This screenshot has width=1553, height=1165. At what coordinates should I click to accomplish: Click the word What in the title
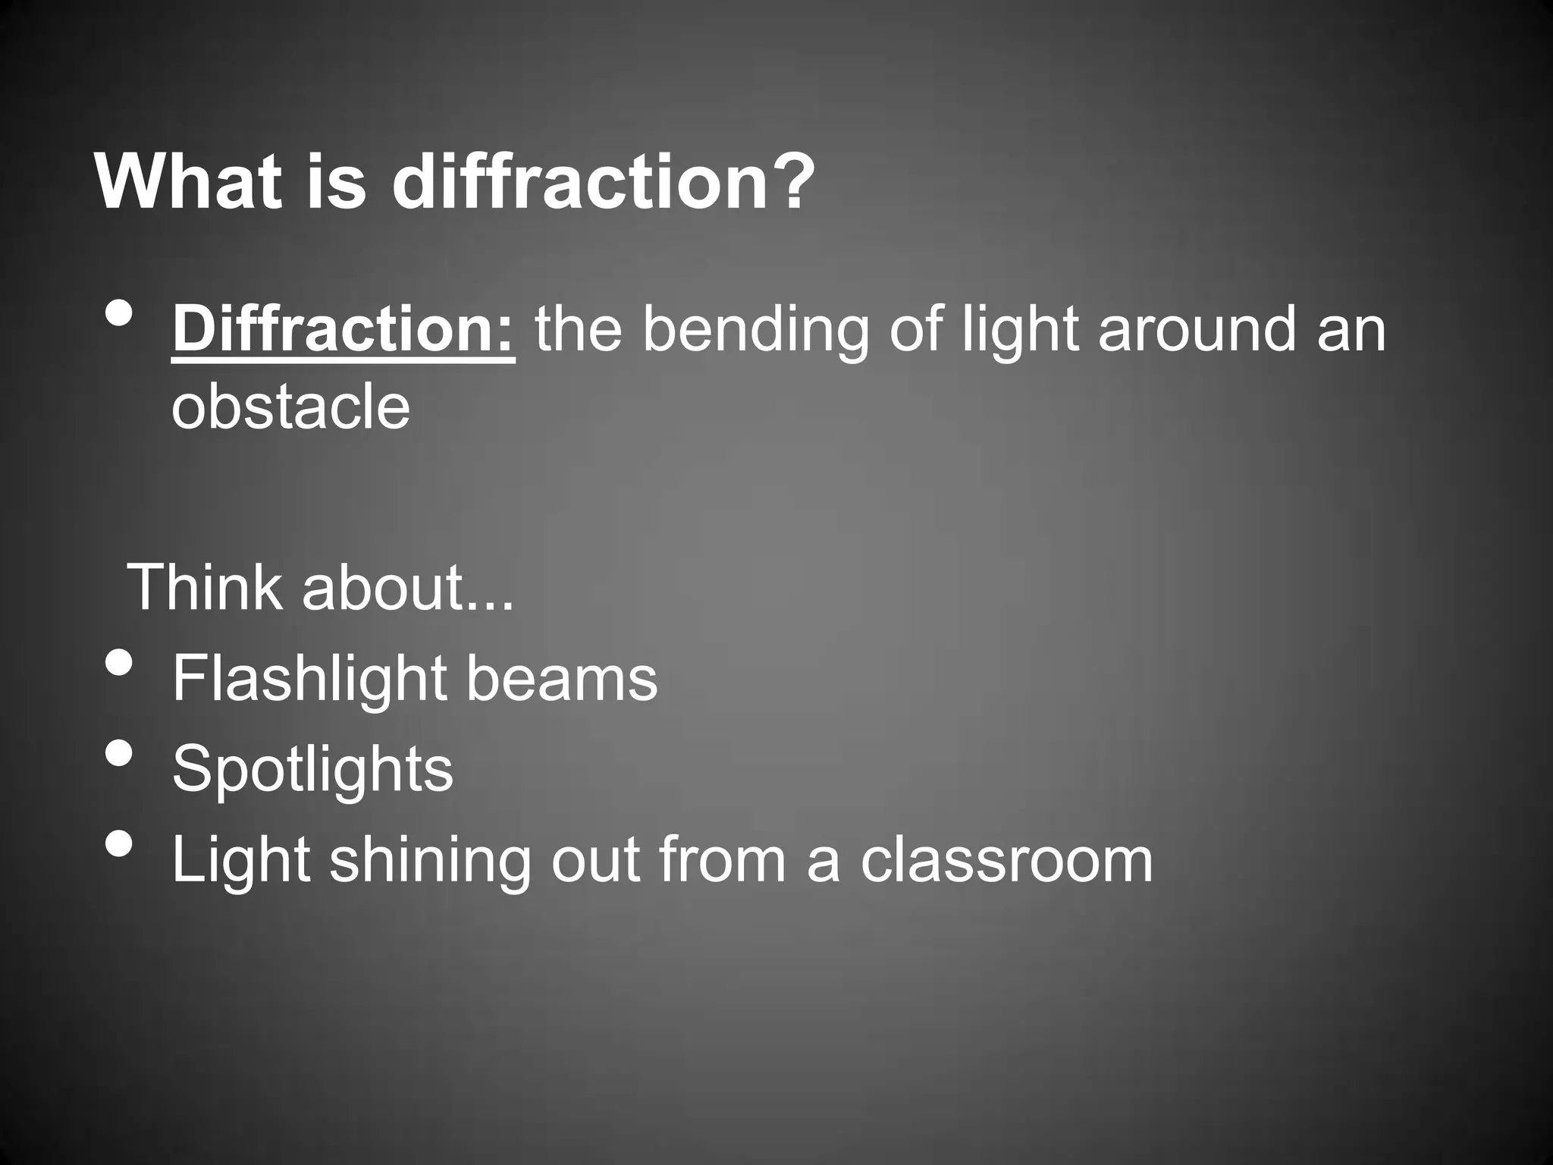[x=189, y=183]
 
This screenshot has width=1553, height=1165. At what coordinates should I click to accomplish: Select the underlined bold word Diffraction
[x=344, y=331]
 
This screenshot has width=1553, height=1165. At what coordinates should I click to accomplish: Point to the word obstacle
[x=290, y=407]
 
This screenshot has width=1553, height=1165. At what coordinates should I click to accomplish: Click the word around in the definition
[x=1197, y=331]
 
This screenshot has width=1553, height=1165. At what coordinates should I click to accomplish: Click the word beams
[x=561, y=678]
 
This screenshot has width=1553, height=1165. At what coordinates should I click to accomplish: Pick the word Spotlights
[x=312, y=769]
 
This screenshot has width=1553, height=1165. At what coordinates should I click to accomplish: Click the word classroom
[x=1006, y=860]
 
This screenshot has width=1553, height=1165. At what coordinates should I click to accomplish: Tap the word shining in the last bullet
[x=429, y=862]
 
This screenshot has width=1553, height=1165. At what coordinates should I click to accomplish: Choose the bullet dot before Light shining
[x=119, y=843]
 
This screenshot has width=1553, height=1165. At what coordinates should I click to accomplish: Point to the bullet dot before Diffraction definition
[x=119, y=314]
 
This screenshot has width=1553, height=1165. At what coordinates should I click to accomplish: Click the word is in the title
[x=336, y=183]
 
